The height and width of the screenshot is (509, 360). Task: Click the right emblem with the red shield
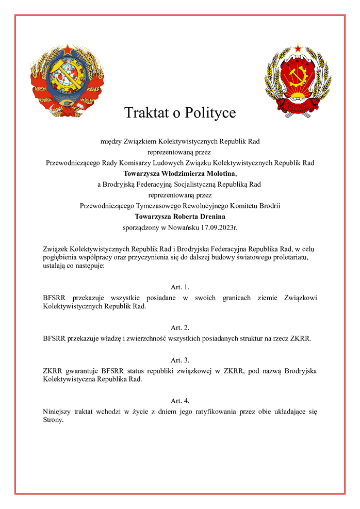click(297, 81)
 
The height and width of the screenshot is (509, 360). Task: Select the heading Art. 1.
click(180, 287)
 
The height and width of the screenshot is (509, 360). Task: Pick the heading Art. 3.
click(180, 360)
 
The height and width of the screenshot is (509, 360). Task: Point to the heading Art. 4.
click(180, 400)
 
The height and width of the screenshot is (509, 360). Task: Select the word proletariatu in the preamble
click(290, 257)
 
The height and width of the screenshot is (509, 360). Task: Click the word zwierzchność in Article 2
click(147, 338)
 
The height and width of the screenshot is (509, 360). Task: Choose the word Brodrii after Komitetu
click(268, 206)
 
